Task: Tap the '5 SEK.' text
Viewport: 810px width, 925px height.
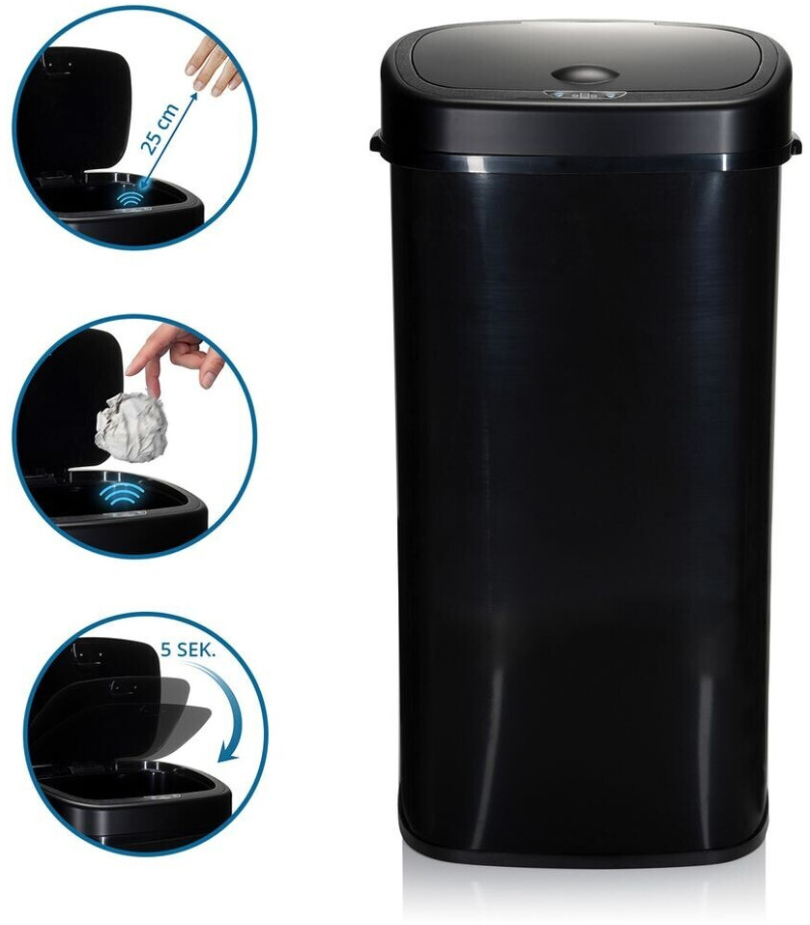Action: click(188, 650)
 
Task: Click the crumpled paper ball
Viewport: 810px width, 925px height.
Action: click(130, 424)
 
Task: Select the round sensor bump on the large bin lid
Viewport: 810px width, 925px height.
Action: click(585, 75)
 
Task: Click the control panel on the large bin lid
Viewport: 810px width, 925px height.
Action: click(584, 95)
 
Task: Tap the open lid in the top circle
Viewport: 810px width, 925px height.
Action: click(76, 106)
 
